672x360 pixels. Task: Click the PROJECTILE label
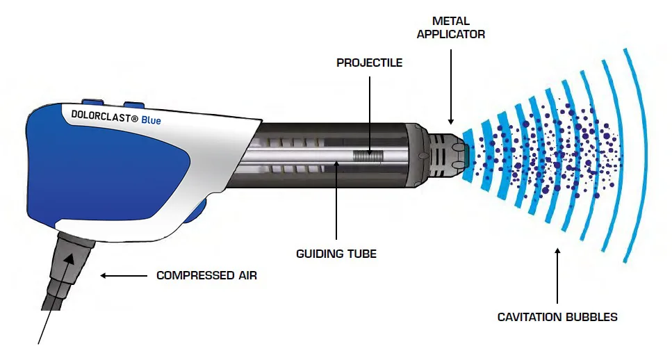tap(369, 63)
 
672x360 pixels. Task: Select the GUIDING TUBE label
tap(336, 254)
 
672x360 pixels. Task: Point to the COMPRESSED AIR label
tap(206, 275)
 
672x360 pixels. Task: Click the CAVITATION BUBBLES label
tap(557, 317)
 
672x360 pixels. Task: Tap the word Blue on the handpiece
tap(151, 120)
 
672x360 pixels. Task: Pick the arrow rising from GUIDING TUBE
tap(336, 202)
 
